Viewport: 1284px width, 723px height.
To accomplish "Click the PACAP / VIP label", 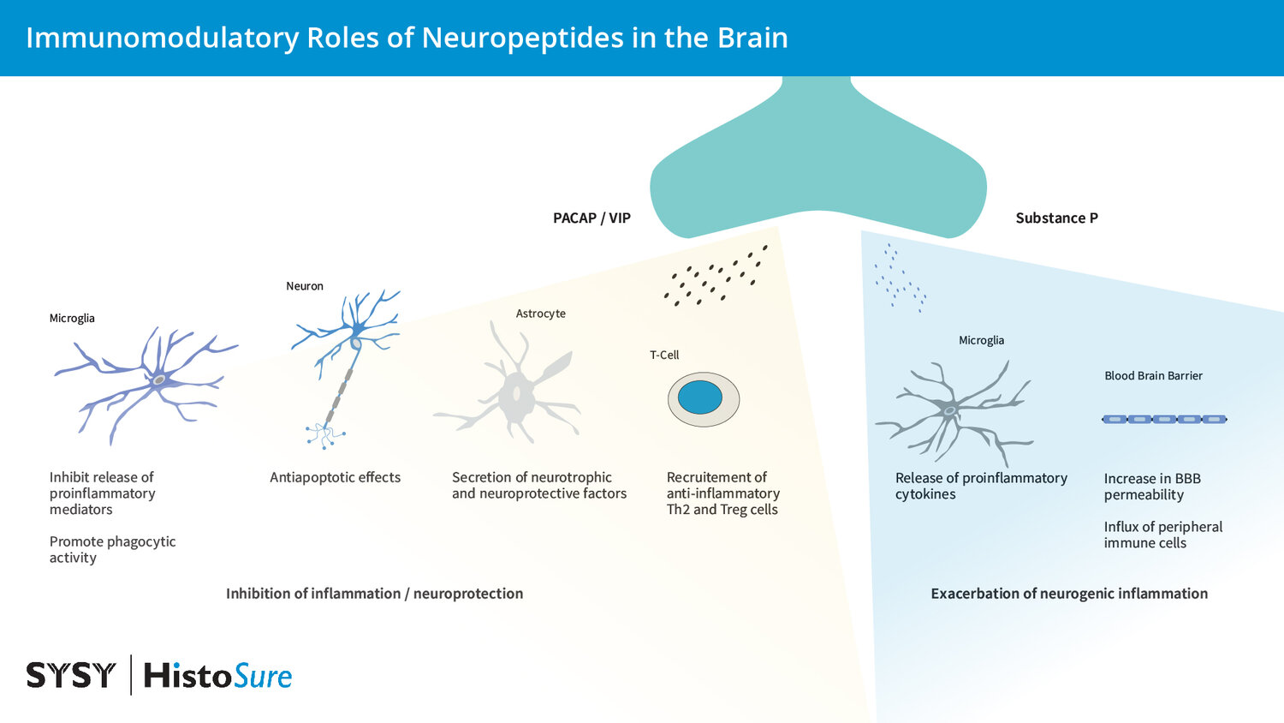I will coord(591,218).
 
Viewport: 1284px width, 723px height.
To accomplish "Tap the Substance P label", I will coord(1056,218).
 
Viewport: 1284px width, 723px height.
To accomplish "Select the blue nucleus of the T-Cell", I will coord(700,397).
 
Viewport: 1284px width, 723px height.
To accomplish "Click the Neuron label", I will coord(305,286).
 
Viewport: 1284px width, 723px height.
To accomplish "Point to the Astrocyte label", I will coord(540,314).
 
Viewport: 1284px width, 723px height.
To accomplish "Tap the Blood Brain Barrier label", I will coord(1153,375).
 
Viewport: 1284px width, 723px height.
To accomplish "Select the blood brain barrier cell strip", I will coord(1163,419).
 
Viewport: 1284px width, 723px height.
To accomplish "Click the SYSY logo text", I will coord(70,675).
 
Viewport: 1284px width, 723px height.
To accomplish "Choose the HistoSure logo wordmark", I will coord(217,676).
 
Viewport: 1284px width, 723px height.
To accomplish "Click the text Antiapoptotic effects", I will coord(335,477).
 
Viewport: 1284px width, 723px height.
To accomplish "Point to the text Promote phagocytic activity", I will coord(112,549).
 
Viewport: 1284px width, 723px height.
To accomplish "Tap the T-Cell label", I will coord(664,355).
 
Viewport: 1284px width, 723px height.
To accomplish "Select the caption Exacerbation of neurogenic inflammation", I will coord(1069,594).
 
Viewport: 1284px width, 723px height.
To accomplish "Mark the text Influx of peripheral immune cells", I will coord(1162,535).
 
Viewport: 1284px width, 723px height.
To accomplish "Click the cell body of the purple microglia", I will coord(159,379).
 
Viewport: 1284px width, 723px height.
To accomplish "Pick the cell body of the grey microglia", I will coord(949,411).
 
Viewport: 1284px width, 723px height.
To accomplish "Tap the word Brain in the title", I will coord(752,38).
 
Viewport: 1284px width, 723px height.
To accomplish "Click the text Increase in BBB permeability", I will coord(1152,487).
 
